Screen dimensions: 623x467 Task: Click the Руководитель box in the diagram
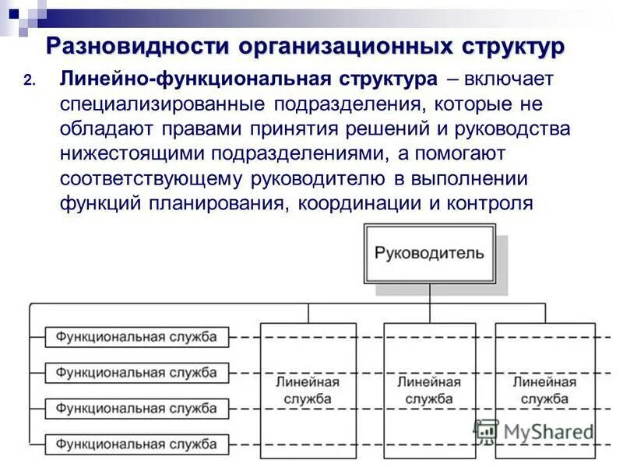point(429,253)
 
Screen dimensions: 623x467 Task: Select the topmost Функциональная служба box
point(136,337)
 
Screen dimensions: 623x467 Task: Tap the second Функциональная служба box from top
point(136,373)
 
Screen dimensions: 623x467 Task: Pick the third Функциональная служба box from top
point(136,408)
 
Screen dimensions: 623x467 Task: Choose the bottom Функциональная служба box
point(136,444)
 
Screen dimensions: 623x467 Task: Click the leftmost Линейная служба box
point(308,390)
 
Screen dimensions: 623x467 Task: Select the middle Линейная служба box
point(428,390)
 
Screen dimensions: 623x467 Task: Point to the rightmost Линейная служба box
point(544,390)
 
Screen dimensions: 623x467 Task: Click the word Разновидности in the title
point(138,47)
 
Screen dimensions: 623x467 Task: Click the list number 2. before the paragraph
point(30,82)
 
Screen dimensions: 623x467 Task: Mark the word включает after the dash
point(509,80)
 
